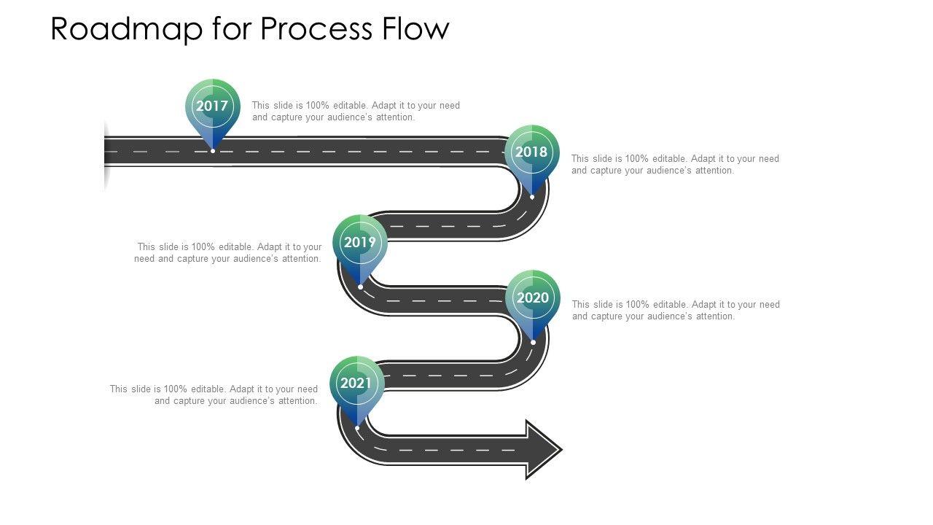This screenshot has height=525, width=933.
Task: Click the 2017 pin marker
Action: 212,106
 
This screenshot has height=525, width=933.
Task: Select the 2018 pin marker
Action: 531,152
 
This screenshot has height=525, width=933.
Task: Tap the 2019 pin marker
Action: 360,242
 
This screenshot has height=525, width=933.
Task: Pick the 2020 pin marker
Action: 533,297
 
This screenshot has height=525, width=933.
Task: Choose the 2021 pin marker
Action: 356,384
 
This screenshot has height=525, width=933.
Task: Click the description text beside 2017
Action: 356,111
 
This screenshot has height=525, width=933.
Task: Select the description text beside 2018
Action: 675,164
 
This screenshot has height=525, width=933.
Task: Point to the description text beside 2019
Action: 229,253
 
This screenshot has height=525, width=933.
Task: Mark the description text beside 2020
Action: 676,310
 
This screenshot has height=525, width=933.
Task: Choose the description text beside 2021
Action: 214,394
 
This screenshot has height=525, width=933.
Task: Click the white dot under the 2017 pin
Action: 213,151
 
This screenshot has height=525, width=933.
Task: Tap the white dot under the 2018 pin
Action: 532,197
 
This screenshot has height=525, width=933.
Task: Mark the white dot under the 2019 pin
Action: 361,287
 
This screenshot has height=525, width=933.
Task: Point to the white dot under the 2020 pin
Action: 534,342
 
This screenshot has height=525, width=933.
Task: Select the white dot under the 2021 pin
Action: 357,428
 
